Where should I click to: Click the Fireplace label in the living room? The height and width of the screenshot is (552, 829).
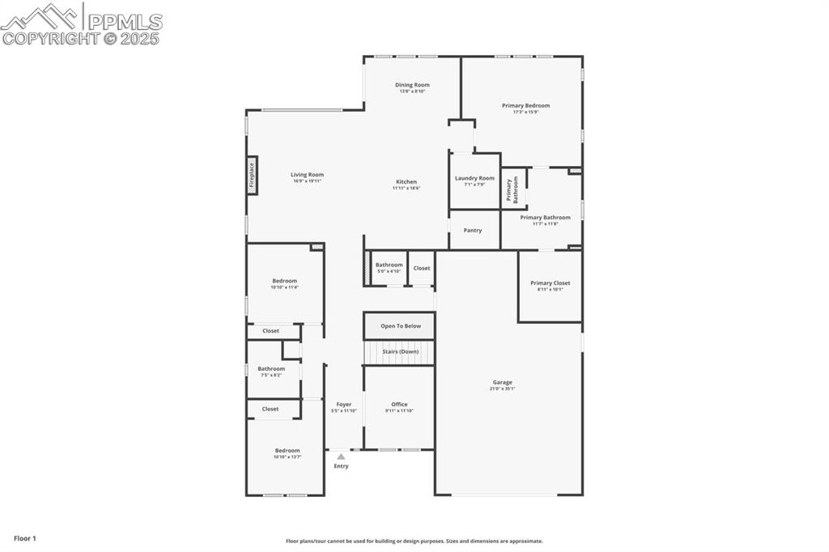pyautogui.click(x=252, y=175)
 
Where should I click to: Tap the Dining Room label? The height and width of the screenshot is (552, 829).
pyautogui.click(x=412, y=85)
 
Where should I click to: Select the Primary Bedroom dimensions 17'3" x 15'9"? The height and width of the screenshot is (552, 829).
pyautogui.click(x=525, y=112)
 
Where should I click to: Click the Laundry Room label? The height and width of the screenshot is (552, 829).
pyautogui.click(x=474, y=178)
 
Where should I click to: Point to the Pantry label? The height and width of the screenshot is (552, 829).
pyautogui.click(x=473, y=231)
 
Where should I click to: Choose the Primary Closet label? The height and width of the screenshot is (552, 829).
pyautogui.click(x=550, y=283)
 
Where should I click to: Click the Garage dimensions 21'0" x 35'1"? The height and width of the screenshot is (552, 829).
pyautogui.click(x=503, y=389)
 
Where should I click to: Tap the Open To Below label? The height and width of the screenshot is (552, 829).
pyautogui.click(x=401, y=326)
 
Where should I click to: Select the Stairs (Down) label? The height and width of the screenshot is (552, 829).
pyautogui.click(x=401, y=352)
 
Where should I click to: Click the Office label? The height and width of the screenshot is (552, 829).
pyautogui.click(x=399, y=405)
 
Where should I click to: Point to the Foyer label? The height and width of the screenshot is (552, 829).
pyautogui.click(x=344, y=405)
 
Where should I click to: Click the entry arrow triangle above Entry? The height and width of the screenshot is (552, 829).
pyautogui.click(x=341, y=456)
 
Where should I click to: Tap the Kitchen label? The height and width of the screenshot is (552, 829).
pyautogui.click(x=406, y=182)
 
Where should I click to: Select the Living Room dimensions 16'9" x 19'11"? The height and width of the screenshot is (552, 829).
pyautogui.click(x=307, y=180)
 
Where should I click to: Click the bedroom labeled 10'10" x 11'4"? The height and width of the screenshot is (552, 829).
pyautogui.click(x=284, y=283)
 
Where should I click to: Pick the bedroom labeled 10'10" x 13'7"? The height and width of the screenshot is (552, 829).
pyautogui.click(x=287, y=453)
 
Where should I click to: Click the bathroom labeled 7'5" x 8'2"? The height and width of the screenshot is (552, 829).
pyautogui.click(x=271, y=372)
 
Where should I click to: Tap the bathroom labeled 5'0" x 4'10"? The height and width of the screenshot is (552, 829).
pyautogui.click(x=389, y=268)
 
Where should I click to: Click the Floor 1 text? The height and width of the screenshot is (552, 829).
pyautogui.click(x=25, y=538)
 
